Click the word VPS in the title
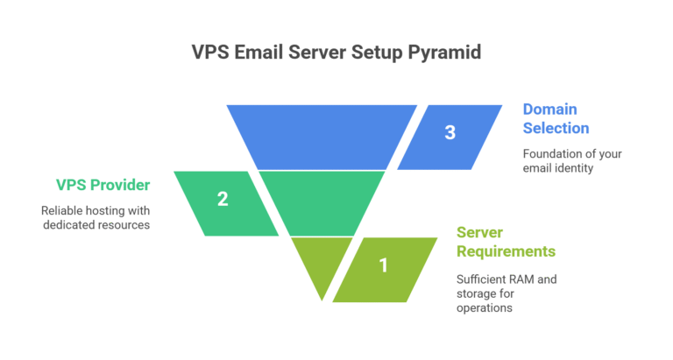point(210,52)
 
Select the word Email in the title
point(260,52)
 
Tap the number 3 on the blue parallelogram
point(450,133)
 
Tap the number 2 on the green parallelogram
point(223,199)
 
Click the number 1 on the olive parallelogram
point(383,265)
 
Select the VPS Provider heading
point(103,185)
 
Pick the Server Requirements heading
point(506,242)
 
